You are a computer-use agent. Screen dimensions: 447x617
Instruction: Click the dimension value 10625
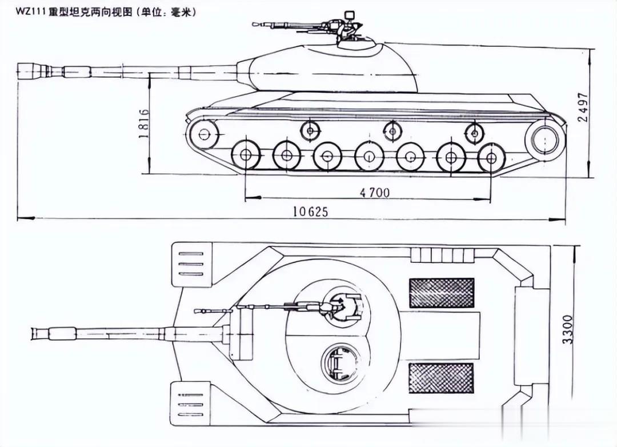(311, 211)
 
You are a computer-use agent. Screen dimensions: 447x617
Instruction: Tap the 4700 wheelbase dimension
(375, 193)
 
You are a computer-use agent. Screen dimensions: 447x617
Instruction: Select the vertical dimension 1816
(144, 123)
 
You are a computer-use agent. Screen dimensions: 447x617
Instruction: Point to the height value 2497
(583, 107)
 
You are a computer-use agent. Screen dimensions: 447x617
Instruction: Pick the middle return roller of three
(392, 131)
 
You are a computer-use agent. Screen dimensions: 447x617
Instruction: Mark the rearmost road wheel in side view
(491, 157)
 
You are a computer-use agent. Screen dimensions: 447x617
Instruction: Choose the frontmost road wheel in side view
(246, 154)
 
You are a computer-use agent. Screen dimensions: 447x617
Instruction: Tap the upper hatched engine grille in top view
(442, 293)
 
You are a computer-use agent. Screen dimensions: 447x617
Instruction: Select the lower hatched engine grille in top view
(442, 378)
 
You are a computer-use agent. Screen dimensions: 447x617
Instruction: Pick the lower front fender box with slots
(190, 404)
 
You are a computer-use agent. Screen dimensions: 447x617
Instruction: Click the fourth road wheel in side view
(369, 155)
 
